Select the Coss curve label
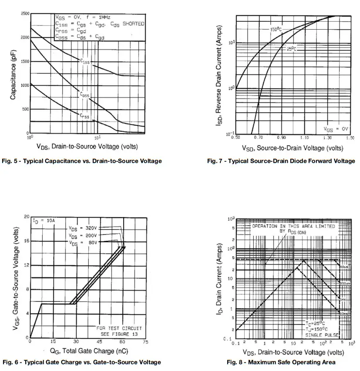pyautogui.click(x=84, y=94)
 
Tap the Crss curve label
pyautogui.click(x=84, y=116)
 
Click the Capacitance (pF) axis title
pyautogui.click(x=13, y=80)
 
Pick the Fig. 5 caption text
pyautogui.click(x=82, y=161)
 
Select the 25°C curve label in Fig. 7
pyautogui.click(x=291, y=49)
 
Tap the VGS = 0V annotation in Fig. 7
pyautogui.click(x=336, y=129)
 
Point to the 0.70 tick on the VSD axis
pyautogui.click(x=259, y=137)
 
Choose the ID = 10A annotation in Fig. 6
pyautogui.click(x=44, y=221)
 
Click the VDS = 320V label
pyautogui.click(x=83, y=228)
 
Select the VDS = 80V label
pyautogui.click(x=83, y=242)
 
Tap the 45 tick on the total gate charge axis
pyautogui.click(x=99, y=341)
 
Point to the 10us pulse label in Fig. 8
pyautogui.click(x=343, y=266)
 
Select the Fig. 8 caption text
pyautogui.click(x=281, y=362)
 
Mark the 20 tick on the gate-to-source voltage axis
pyautogui.click(x=27, y=216)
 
